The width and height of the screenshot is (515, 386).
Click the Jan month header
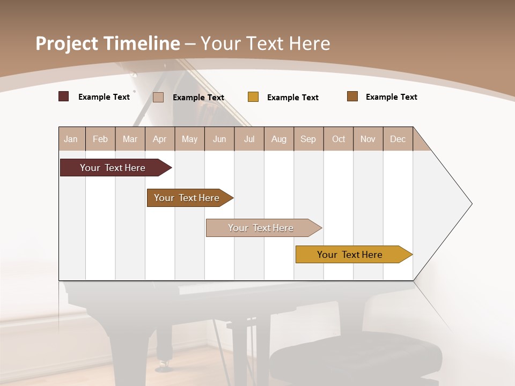pyautogui.click(x=71, y=139)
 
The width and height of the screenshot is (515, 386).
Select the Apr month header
pyautogui.click(x=159, y=139)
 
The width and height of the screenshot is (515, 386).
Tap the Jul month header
pyautogui.click(x=249, y=139)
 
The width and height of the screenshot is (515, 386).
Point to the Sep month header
pyautogui.click(x=308, y=139)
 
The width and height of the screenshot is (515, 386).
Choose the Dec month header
pyautogui.click(x=398, y=139)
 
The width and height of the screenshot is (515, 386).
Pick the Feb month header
pyautogui.click(x=100, y=139)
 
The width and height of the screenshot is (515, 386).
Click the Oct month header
pyautogui.click(x=339, y=139)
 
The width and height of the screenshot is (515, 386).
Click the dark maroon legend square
pyautogui.click(x=64, y=96)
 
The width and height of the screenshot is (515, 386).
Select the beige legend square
pyautogui.click(x=158, y=97)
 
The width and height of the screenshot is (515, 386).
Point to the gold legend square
pyautogui.click(x=253, y=97)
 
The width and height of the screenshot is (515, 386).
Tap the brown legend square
pyautogui.click(x=352, y=96)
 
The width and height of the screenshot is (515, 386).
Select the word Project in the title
pyautogui.click(x=67, y=43)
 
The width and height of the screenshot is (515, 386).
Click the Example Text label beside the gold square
pyautogui.click(x=293, y=98)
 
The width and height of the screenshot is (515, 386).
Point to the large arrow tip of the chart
pyautogui.click(x=467, y=204)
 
